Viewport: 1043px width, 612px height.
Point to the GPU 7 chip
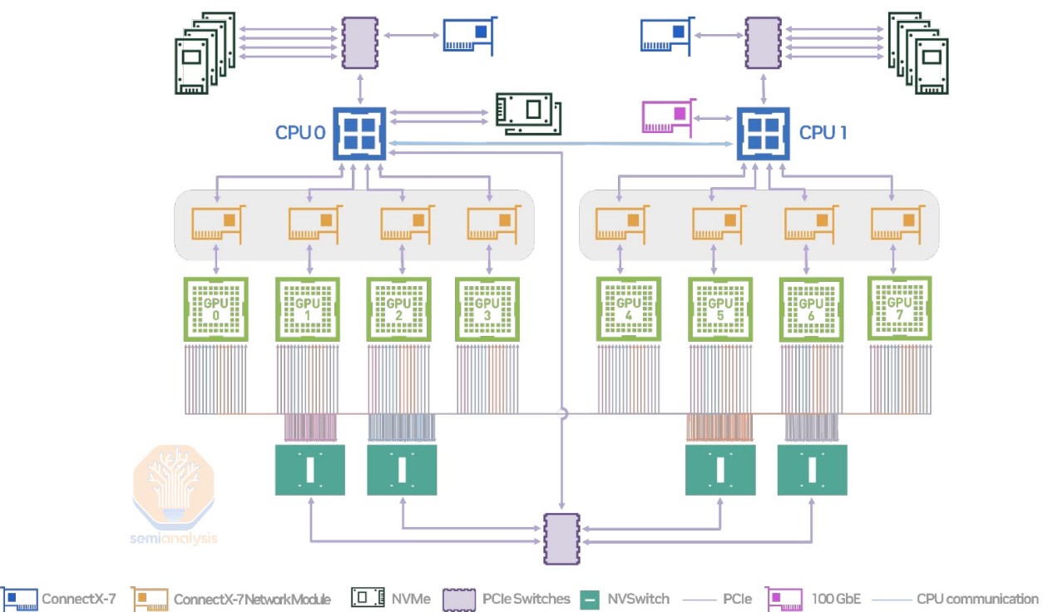[x=899, y=308]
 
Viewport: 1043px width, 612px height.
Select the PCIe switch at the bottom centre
[x=562, y=539]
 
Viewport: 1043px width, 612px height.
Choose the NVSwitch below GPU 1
[x=309, y=470]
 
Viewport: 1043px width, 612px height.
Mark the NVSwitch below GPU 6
[x=811, y=470]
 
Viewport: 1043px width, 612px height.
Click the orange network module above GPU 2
[x=405, y=224]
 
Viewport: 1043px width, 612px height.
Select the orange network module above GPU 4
[x=620, y=224]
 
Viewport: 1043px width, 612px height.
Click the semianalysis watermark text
[x=174, y=538]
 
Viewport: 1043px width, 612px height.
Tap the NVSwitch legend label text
[x=638, y=599]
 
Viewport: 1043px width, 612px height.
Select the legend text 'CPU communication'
[x=977, y=599]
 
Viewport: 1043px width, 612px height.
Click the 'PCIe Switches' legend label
[x=526, y=599]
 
